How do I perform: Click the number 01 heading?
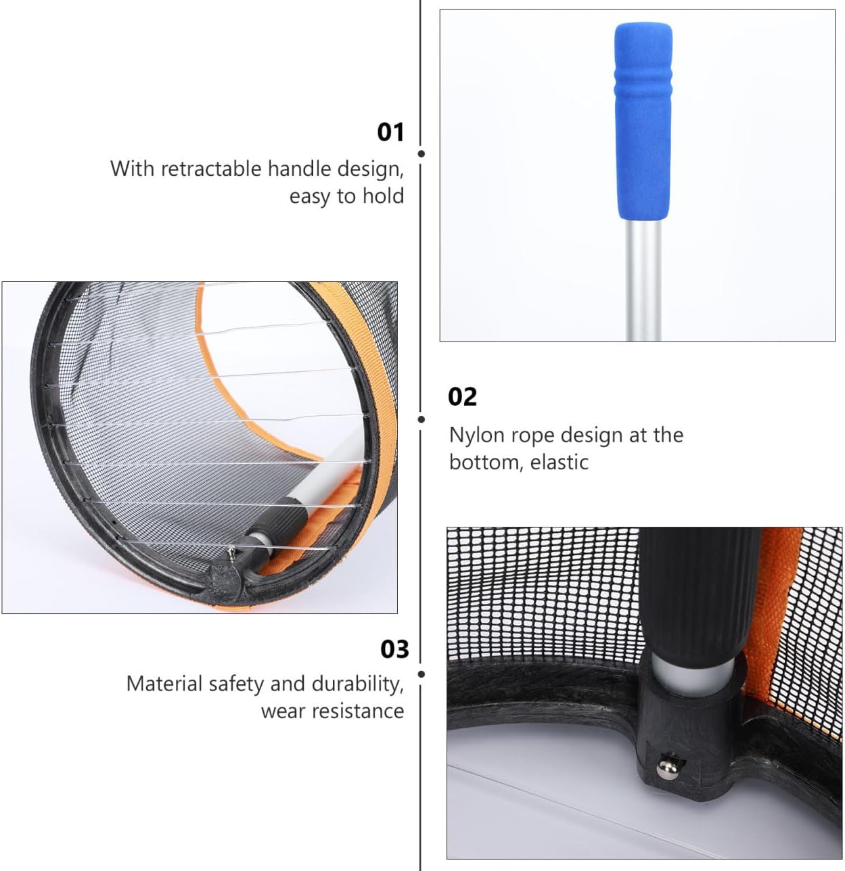click(x=390, y=132)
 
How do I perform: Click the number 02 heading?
click(x=462, y=396)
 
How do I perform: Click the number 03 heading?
click(x=394, y=649)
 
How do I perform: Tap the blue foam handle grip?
click(x=642, y=122)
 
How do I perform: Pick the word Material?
click(x=164, y=684)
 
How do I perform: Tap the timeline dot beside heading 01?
click(x=421, y=154)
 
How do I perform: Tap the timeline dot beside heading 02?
click(x=421, y=419)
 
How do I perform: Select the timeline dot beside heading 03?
click(x=421, y=674)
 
